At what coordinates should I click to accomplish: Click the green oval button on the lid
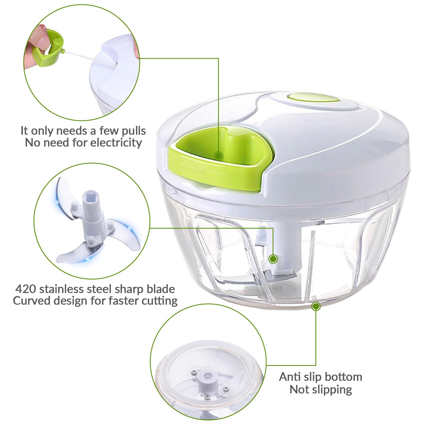[313, 99]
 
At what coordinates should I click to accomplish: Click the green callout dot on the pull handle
[218, 156]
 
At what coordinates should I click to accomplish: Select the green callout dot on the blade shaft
[273, 259]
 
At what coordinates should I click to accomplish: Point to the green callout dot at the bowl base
[316, 307]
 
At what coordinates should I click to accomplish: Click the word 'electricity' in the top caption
[116, 143]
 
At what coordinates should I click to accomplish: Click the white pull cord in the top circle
[90, 58]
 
